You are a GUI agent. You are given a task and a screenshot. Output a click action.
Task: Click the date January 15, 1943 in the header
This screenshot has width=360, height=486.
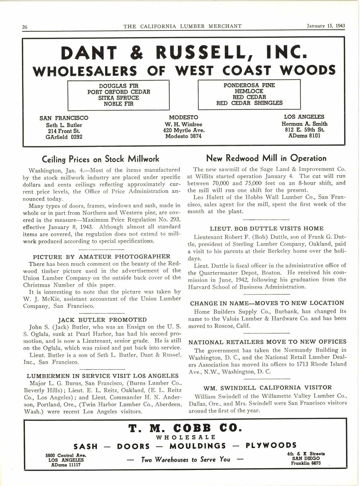coord(326,26)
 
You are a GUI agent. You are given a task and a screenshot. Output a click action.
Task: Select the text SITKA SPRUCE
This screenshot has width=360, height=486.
coord(119,98)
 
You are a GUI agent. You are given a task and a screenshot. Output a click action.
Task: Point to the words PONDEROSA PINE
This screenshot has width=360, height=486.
coord(249,85)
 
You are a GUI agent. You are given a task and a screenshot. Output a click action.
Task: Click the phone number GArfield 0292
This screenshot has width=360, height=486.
coord(64,137)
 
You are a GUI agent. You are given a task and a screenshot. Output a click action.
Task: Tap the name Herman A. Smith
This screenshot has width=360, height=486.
coord(304,124)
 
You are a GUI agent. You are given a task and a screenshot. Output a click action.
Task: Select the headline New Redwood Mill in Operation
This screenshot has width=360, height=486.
coord(266,158)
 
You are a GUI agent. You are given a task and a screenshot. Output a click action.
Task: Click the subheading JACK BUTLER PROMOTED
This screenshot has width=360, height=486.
coord(103,320)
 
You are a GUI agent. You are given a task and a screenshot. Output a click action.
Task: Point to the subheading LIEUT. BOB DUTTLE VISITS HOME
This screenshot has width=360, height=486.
coord(267,229)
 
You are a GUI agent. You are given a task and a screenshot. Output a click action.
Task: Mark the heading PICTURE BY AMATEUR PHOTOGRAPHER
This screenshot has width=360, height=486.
coord(101,257)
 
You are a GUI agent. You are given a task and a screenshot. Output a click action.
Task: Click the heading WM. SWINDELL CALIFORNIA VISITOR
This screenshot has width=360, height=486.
coord(267,388)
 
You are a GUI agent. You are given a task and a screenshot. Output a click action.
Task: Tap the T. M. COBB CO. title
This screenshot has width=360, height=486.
coord(185,428)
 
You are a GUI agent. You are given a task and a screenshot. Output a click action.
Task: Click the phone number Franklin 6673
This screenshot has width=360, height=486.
coord(306,463)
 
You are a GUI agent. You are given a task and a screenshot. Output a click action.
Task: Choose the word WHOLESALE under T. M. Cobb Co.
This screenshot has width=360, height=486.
coord(186,437)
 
